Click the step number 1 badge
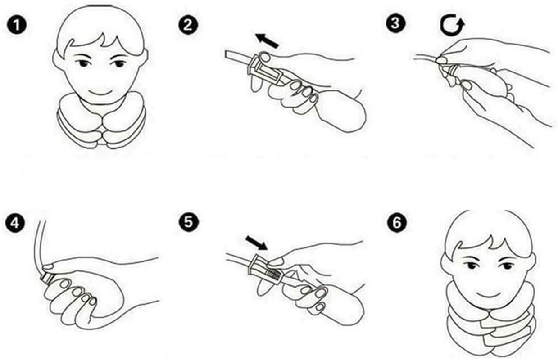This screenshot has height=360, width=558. point(17,25)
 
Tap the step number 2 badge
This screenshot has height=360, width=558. point(188,25)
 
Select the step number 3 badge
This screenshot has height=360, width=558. point(396,24)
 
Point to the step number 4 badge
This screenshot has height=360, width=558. point(15,223)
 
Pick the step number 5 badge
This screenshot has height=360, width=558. point(189,222)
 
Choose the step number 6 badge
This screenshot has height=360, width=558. point(397,223)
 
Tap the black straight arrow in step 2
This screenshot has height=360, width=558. point(267,40)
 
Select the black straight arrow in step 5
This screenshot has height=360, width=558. point(257,243)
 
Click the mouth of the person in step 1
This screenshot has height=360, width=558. point(100,92)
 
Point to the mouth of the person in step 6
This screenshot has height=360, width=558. point(489,294)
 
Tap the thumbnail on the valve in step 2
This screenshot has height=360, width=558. point(266,58)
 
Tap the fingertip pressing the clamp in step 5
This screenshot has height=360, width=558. point(276,261)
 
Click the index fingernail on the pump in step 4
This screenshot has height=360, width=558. point(65,283)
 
